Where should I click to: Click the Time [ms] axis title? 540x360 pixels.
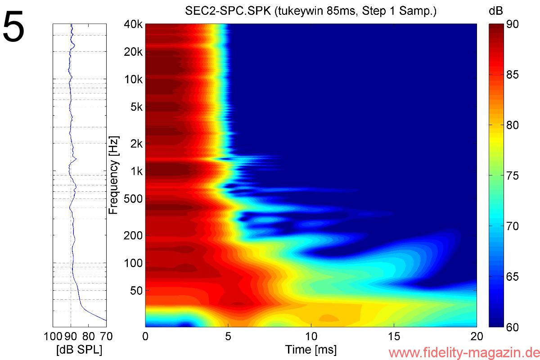click(x=310, y=349)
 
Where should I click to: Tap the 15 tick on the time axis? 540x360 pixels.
click(x=394, y=336)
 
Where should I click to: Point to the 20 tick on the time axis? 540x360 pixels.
click(x=476, y=336)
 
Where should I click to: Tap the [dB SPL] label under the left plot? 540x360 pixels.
click(x=79, y=350)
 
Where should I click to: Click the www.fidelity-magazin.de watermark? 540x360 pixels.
click(x=463, y=351)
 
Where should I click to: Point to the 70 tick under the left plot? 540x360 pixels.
click(x=106, y=336)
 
